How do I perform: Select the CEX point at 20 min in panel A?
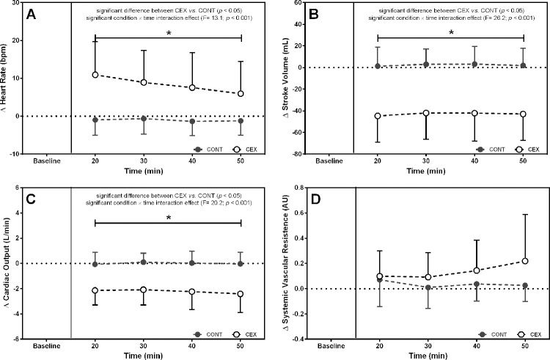pos(95,75)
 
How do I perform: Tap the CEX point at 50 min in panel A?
pos(241,94)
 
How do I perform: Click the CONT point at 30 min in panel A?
pos(144,119)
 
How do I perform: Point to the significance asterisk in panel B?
pos(451,33)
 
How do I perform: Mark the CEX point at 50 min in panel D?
pos(524,261)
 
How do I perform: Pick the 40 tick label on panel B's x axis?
pos(475,160)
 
